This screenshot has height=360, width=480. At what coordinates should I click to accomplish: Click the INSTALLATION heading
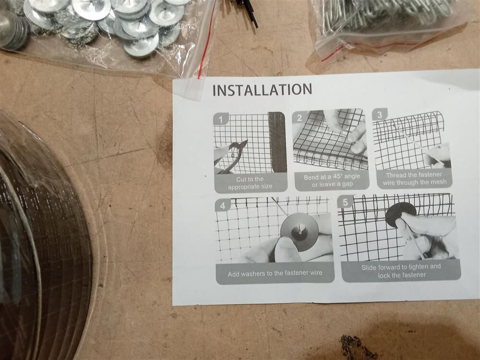pos(263,90)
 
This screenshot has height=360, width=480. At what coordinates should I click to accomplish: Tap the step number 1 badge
pos(221,119)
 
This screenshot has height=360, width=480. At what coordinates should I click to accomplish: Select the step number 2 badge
pos(300,118)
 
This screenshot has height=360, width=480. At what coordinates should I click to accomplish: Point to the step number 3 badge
pos(380,115)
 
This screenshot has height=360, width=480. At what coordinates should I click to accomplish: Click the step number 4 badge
pos(223,205)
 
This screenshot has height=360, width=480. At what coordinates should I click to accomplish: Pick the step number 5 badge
pos(345,202)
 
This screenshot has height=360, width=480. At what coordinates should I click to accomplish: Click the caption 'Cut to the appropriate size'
pos(250,183)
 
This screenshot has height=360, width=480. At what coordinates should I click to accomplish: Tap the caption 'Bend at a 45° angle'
pos(332,177)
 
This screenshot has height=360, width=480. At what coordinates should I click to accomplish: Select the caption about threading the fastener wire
pos(415,179)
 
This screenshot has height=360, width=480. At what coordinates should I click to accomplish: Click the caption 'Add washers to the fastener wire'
pos(275,274)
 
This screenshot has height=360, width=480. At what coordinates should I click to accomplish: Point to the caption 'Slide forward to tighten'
pos(401,267)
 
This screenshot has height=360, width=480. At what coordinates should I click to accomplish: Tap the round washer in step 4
pos(300,232)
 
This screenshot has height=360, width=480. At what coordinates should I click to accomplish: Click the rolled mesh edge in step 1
pos(277,142)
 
